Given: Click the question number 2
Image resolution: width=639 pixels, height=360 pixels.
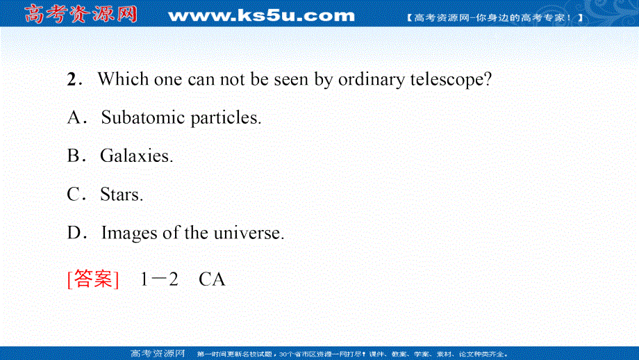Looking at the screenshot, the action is coord(72,79).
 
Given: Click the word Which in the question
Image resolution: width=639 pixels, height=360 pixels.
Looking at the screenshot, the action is coord(123,79).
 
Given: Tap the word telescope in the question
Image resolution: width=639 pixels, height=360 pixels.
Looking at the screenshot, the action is coord(451,80).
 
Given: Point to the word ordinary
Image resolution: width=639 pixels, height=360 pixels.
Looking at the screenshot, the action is coord(372,80).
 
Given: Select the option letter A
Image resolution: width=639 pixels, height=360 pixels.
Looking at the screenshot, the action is coord(74,117).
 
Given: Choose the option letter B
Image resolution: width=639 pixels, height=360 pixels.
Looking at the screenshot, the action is coord(74,156).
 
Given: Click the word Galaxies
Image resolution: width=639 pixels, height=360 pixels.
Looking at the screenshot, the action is coord(137,156).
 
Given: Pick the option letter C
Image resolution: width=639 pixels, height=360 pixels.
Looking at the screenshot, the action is coord(74,195).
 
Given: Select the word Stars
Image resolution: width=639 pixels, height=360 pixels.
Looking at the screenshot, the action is coord(122,195).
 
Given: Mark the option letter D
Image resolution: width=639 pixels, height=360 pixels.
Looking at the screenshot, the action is coord(74,233).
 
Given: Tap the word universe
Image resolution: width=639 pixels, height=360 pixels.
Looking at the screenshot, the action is coord(249,234).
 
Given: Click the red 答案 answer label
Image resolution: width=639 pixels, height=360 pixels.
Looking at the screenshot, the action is coord(93,279).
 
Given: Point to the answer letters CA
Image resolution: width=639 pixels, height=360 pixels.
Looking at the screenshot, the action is coord(212,279).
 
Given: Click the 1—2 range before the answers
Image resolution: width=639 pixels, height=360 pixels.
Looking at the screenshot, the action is coord(159,279).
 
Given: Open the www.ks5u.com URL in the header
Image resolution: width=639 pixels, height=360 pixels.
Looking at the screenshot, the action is coord(261,15).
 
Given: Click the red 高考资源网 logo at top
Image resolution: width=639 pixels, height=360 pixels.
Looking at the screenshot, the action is coord(81,14).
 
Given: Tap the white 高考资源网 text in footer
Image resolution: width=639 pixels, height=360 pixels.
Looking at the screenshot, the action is coord(158,354).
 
